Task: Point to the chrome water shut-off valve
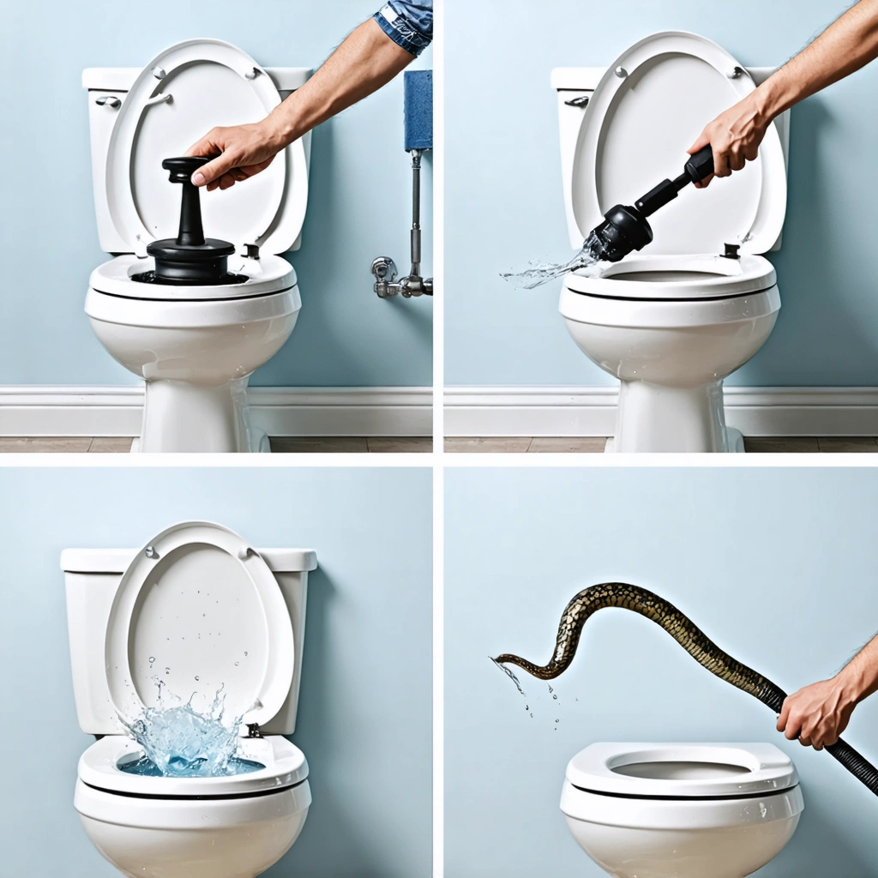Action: pos(386,273)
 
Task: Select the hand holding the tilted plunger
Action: pos(729,137)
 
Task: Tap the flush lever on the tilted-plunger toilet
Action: pos(577,101)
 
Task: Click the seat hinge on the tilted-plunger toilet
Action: pos(731,250)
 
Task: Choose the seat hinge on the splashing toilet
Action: pos(254,731)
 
